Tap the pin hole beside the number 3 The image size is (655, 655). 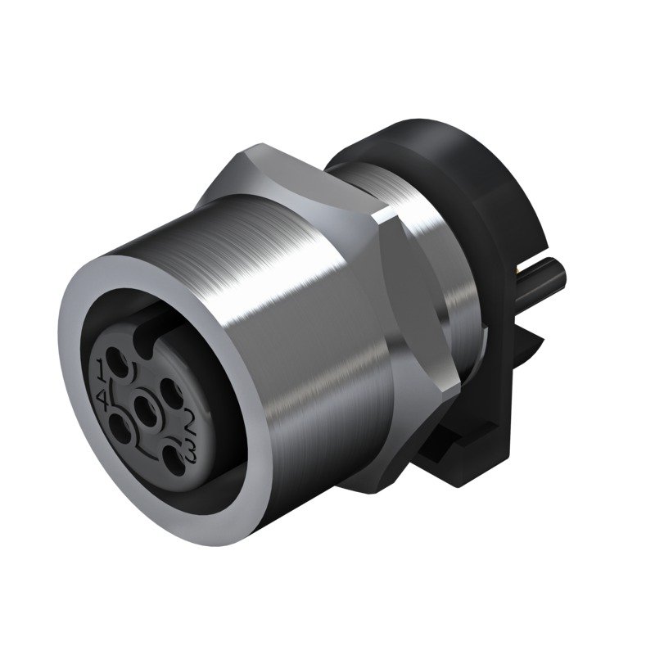coord(170,449)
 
